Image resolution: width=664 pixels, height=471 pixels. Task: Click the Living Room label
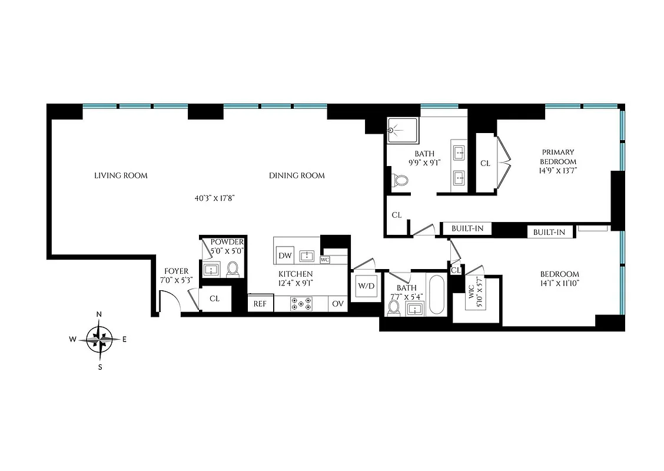[121, 175]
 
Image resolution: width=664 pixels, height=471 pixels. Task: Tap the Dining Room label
[297, 175]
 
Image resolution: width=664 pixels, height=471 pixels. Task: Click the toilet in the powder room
[233, 269]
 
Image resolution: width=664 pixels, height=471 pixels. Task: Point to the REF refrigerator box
[260, 304]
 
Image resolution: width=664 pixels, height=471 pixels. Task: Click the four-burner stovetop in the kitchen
[301, 304]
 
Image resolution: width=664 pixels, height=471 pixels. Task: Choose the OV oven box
[337, 304]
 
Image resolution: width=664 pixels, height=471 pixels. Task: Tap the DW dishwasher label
[285, 256]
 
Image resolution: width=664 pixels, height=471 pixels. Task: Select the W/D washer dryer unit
[366, 286]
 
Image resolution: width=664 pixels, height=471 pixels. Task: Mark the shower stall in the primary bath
[402, 130]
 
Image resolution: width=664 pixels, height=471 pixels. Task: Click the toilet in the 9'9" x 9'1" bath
[400, 180]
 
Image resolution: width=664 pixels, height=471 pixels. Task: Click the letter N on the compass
[99, 314]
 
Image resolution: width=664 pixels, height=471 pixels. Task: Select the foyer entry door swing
[168, 301]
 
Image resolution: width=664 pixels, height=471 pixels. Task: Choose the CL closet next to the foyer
[214, 299]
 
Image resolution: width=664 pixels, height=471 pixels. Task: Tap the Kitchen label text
[296, 274]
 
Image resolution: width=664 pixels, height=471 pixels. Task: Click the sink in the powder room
[211, 270]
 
